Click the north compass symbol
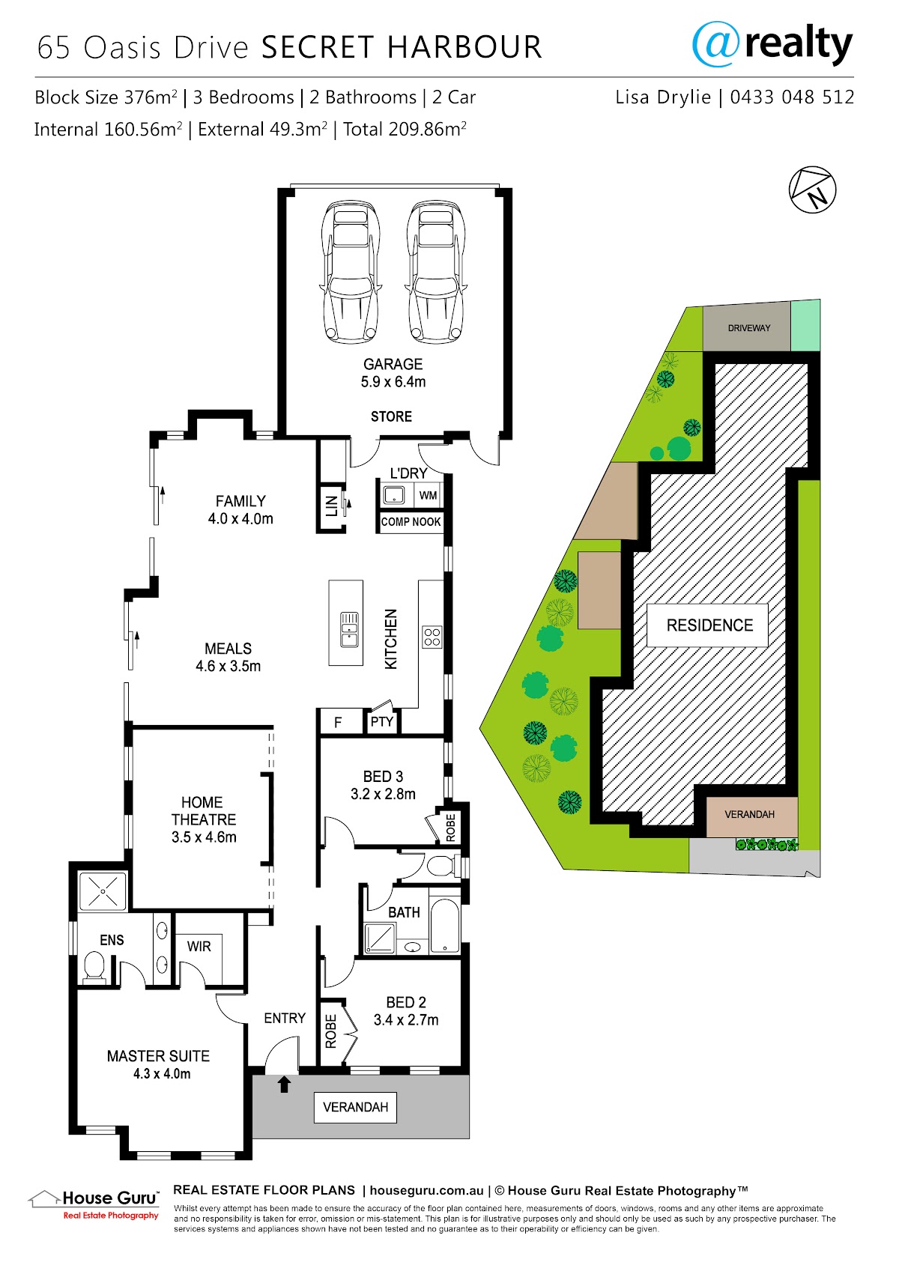pyautogui.click(x=812, y=189)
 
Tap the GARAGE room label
pyautogui.click(x=393, y=364)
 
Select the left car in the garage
pyautogui.click(x=350, y=272)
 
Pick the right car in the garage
pyautogui.click(x=435, y=272)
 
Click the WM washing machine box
pyautogui.click(x=429, y=495)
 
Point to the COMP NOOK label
pyautogui.click(x=411, y=521)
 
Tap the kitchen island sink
pyautogui.click(x=349, y=630)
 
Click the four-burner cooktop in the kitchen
pyautogui.click(x=432, y=637)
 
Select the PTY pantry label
pyautogui.click(x=382, y=721)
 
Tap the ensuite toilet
pyautogui.click(x=94, y=965)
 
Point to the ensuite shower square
pyautogui.click(x=103, y=891)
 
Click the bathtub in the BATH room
pyautogui.click(x=444, y=925)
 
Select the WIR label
pyautogui.click(x=199, y=946)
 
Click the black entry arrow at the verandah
pyautogui.click(x=285, y=1085)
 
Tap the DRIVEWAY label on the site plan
pyautogui.click(x=749, y=328)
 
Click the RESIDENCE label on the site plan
pyautogui.click(x=709, y=625)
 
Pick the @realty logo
pyautogui.click(x=772, y=45)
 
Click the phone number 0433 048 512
pyautogui.click(x=792, y=97)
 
